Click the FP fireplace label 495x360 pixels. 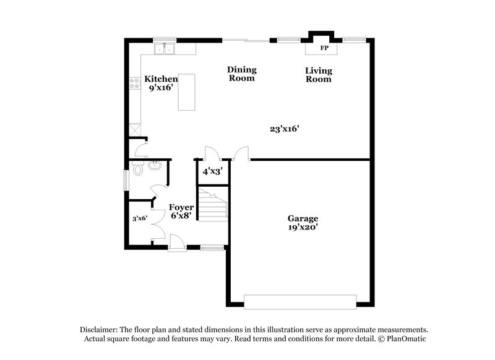pos(323,48)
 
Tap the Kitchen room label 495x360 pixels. pos(161,79)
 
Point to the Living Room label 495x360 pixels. pos(318,75)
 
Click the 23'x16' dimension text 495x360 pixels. pos(285,129)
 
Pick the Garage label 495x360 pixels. pos(303,218)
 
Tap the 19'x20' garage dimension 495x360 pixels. pos(303,227)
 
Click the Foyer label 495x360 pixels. pos(181,207)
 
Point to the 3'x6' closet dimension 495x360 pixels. pos(139,218)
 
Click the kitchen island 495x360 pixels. pos(186,92)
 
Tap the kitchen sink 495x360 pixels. pos(165,49)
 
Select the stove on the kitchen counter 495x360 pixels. pos(134,83)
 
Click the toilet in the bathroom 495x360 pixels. pos(137,168)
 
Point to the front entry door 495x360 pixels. pos(177,242)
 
